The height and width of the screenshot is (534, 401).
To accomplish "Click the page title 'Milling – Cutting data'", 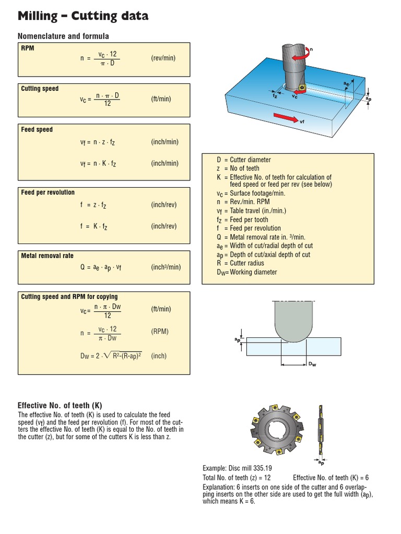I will pyautogui.click(x=83, y=16).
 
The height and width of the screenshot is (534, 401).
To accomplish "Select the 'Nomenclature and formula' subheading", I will pyautogui.click(x=63, y=36).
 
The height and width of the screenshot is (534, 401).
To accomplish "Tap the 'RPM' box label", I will pyautogui.click(x=28, y=48).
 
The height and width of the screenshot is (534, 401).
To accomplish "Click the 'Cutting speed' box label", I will pyautogui.click(x=40, y=89).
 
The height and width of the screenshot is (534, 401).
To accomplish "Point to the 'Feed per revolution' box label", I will pyautogui.click(x=48, y=192).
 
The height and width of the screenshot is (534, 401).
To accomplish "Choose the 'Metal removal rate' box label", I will pyautogui.click(x=47, y=256).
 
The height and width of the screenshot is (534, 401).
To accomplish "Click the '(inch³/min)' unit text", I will pyautogui.click(x=166, y=267).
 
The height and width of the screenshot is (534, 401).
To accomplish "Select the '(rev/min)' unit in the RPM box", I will pyautogui.click(x=163, y=58).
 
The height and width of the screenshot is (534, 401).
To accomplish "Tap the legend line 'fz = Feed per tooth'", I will pyautogui.click(x=242, y=220).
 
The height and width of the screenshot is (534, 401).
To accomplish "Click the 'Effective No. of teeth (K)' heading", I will pyautogui.click(x=60, y=405).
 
